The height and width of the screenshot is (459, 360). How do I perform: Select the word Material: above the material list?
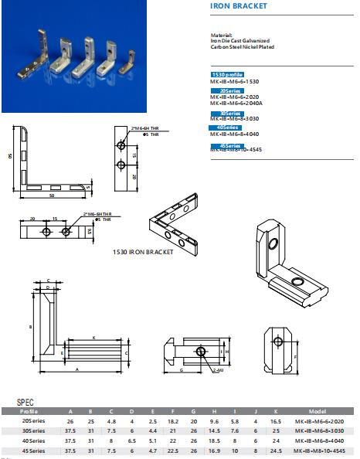pos(221,35)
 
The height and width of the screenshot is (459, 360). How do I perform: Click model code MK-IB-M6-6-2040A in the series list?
pos(241,102)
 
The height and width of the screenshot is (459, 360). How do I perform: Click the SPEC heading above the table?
pos(25,403)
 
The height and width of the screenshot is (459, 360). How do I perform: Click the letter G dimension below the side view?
pos(182,371)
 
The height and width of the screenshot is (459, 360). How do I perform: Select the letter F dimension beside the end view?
pos(296,357)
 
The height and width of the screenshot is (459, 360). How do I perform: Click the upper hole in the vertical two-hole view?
pos(121,145)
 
